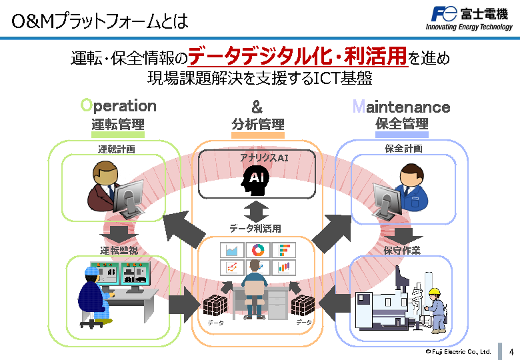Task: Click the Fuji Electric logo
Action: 469,18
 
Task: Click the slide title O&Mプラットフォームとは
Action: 100,21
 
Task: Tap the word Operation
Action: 118,106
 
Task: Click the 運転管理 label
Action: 118,124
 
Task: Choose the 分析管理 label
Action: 257,125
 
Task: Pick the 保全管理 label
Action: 402,124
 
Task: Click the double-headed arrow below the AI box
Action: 255,211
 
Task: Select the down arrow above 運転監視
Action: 118,234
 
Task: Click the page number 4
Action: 511,351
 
